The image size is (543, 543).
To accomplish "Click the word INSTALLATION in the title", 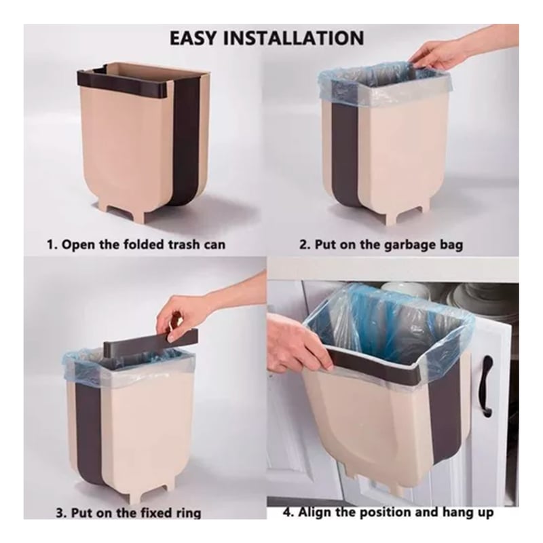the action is [293, 38].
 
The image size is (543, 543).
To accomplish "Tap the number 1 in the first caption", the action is [50, 244].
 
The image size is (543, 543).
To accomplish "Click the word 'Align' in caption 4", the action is [314, 512].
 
